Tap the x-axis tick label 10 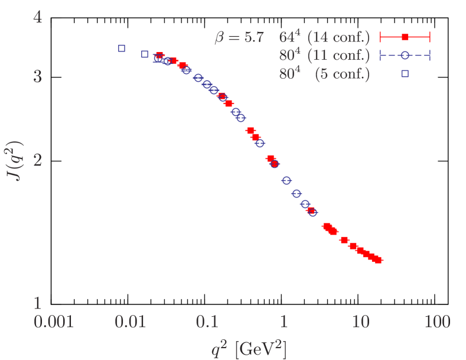tap(359, 322)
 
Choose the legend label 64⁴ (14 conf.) tap(324, 38)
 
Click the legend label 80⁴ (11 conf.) tap(324, 56)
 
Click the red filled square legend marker tap(405, 38)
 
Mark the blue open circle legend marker tap(405, 56)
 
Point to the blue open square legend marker tap(405, 74)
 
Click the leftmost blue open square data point tap(122, 48)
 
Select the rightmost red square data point tap(378, 260)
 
